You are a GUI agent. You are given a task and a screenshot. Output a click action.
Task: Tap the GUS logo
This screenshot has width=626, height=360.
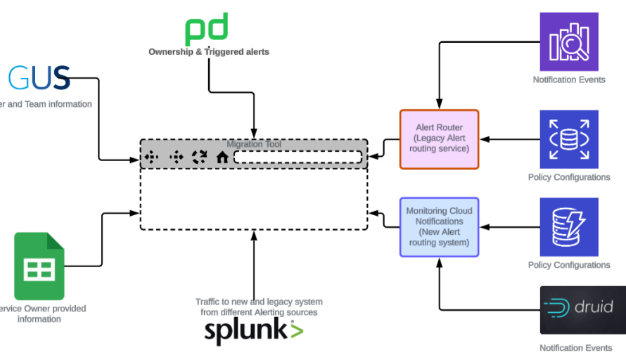pyautogui.click(x=40, y=77)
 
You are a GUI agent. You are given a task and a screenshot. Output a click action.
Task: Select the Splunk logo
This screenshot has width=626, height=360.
pyautogui.click(x=253, y=330)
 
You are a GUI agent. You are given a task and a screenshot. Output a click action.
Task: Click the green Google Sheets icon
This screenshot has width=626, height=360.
pyautogui.click(x=39, y=266)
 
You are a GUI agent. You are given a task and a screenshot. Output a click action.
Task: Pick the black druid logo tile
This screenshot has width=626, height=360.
pyautogui.click(x=582, y=309)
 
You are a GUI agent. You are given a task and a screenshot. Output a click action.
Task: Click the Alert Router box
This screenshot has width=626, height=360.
pyautogui.click(x=439, y=139)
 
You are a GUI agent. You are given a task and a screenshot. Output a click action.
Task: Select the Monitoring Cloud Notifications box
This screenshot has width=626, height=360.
pyautogui.click(x=439, y=227)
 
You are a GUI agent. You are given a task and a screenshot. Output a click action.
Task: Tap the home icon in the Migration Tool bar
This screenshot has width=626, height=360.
pyautogui.click(x=222, y=157)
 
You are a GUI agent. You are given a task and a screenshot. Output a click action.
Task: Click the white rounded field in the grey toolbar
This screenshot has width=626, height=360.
pyautogui.click(x=298, y=157)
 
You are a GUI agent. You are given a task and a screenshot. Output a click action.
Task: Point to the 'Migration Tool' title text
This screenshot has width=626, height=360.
pyautogui.click(x=253, y=144)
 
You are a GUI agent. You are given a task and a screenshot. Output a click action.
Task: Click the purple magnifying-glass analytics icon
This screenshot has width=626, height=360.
pyautogui.click(x=568, y=41)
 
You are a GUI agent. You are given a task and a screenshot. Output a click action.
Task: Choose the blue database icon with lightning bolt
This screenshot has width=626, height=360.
pyautogui.click(x=568, y=226)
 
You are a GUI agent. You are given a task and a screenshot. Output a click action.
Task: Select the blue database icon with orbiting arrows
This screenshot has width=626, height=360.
pyautogui.click(x=568, y=139)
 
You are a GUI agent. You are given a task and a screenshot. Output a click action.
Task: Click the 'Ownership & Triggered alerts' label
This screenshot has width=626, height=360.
pyautogui.click(x=208, y=52)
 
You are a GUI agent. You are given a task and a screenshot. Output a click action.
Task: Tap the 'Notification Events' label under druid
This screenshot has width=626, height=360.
pyautogui.click(x=570, y=347)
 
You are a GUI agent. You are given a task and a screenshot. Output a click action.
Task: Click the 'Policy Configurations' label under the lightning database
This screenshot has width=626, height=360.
pyautogui.click(x=568, y=265)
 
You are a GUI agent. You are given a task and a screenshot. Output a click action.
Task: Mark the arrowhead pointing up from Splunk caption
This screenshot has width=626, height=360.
pyautogui.click(x=254, y=236)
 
